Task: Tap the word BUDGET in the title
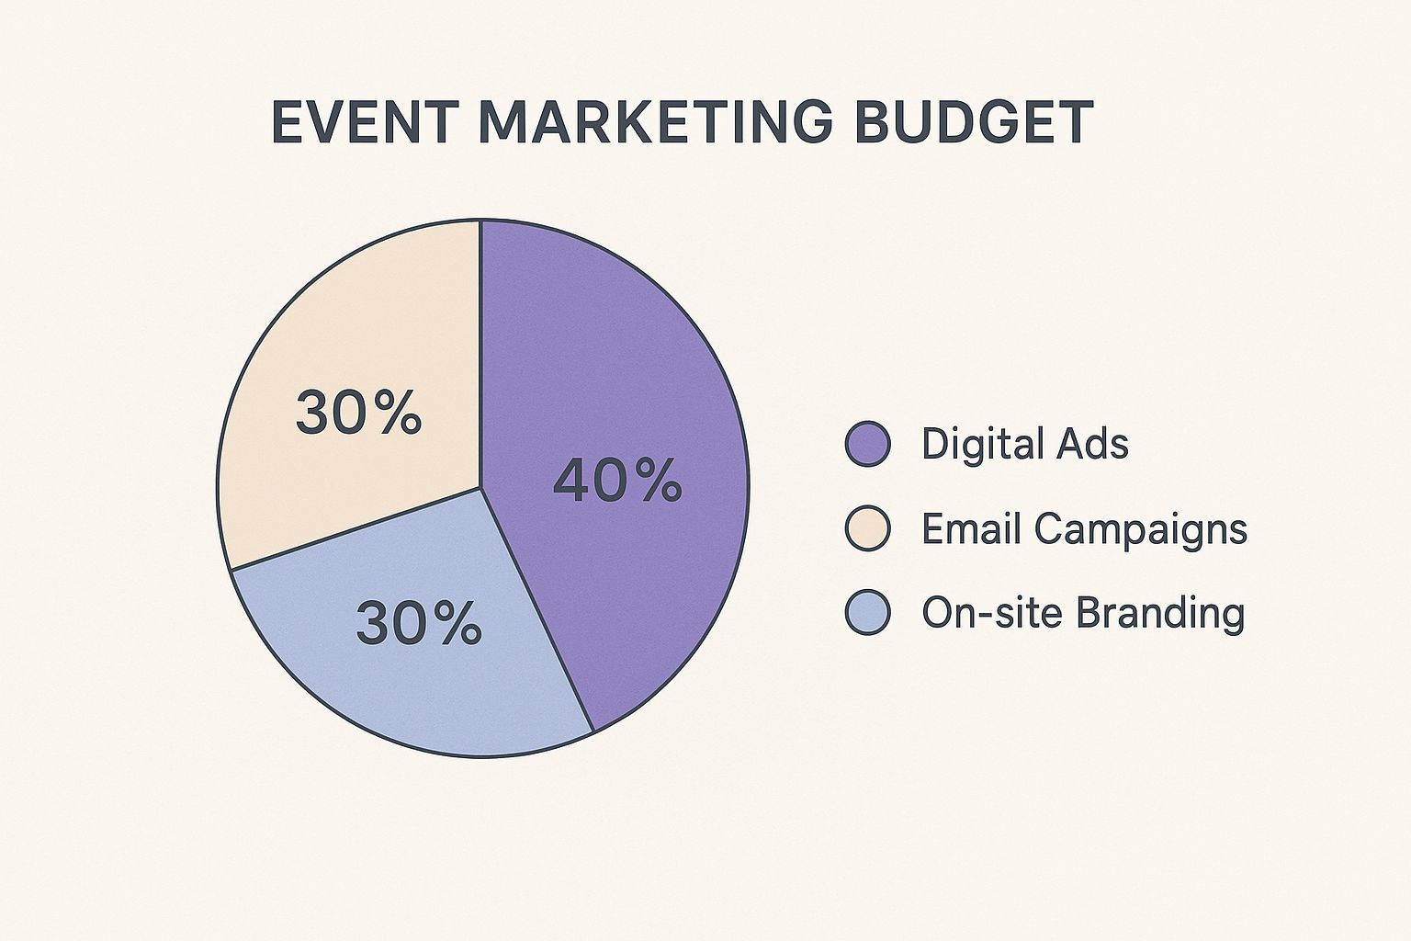[975, 122]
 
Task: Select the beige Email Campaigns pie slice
[353, 353]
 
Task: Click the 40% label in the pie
[617, 482]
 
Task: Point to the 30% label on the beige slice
[357, 413]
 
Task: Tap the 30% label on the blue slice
[419, 623]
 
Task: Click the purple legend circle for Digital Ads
[868, 444]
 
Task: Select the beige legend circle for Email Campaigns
[868, 528]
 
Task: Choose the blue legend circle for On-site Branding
[868, 612]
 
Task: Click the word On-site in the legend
[986, 612]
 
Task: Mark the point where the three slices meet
[480, 487]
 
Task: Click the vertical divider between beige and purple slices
[480, 354]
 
